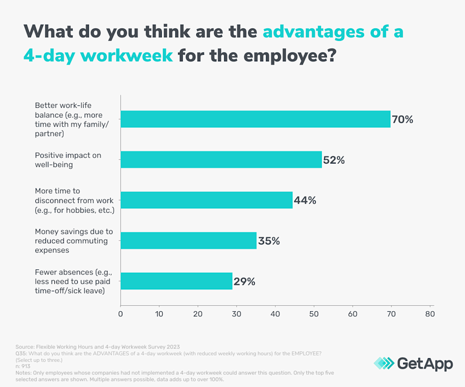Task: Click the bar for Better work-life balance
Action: pos(255,119)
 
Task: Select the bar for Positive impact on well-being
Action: pos(221,160)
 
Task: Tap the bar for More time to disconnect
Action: pos(206,200)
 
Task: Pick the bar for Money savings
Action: pos(188,241)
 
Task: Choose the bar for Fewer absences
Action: pos(176,281)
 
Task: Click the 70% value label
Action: pos(402,119)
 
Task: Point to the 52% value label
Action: pos(334,160)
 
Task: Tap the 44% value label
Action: pos(305,200)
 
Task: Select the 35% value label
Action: pos(269,241)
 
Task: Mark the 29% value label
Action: pos(244,282)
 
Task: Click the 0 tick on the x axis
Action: pos(121,314)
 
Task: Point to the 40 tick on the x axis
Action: pos(275,314)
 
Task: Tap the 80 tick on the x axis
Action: pos(430,314)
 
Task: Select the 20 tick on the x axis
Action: pos(198,314)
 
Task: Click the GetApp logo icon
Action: pos(384,363)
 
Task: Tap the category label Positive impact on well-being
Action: pos(68,160)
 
